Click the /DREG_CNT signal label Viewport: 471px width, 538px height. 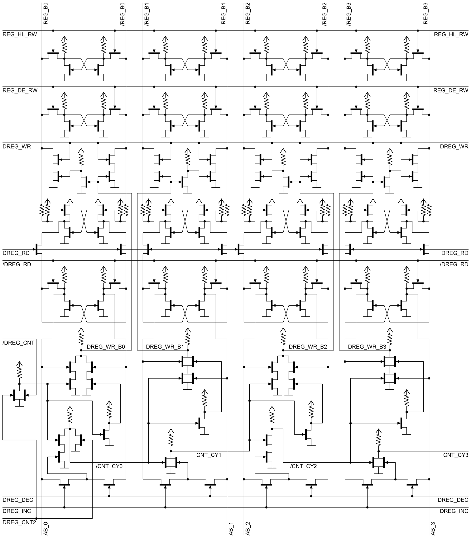point(18,343)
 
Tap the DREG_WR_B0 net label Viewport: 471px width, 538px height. point(106,347)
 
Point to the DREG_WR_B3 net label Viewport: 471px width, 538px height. point(367,347)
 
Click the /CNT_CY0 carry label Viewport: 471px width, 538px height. point(110,466)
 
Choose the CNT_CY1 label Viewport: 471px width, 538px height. point(209,455)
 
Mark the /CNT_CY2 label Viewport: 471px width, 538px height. point(304,466)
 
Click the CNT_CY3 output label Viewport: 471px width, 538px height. point(456,455)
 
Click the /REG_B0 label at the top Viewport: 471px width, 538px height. point(123,14)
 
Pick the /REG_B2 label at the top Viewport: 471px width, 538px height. point(324,14)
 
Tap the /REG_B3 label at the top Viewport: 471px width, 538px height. point(349,14)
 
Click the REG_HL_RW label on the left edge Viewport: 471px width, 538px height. point(20,34)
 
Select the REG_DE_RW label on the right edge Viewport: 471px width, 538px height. point(451,90)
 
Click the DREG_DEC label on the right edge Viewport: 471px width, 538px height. point(453,500)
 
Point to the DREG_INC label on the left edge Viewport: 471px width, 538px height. point(17,511)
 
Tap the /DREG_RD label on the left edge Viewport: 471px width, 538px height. point(17,264)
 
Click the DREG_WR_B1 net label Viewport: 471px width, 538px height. point(165,347)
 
